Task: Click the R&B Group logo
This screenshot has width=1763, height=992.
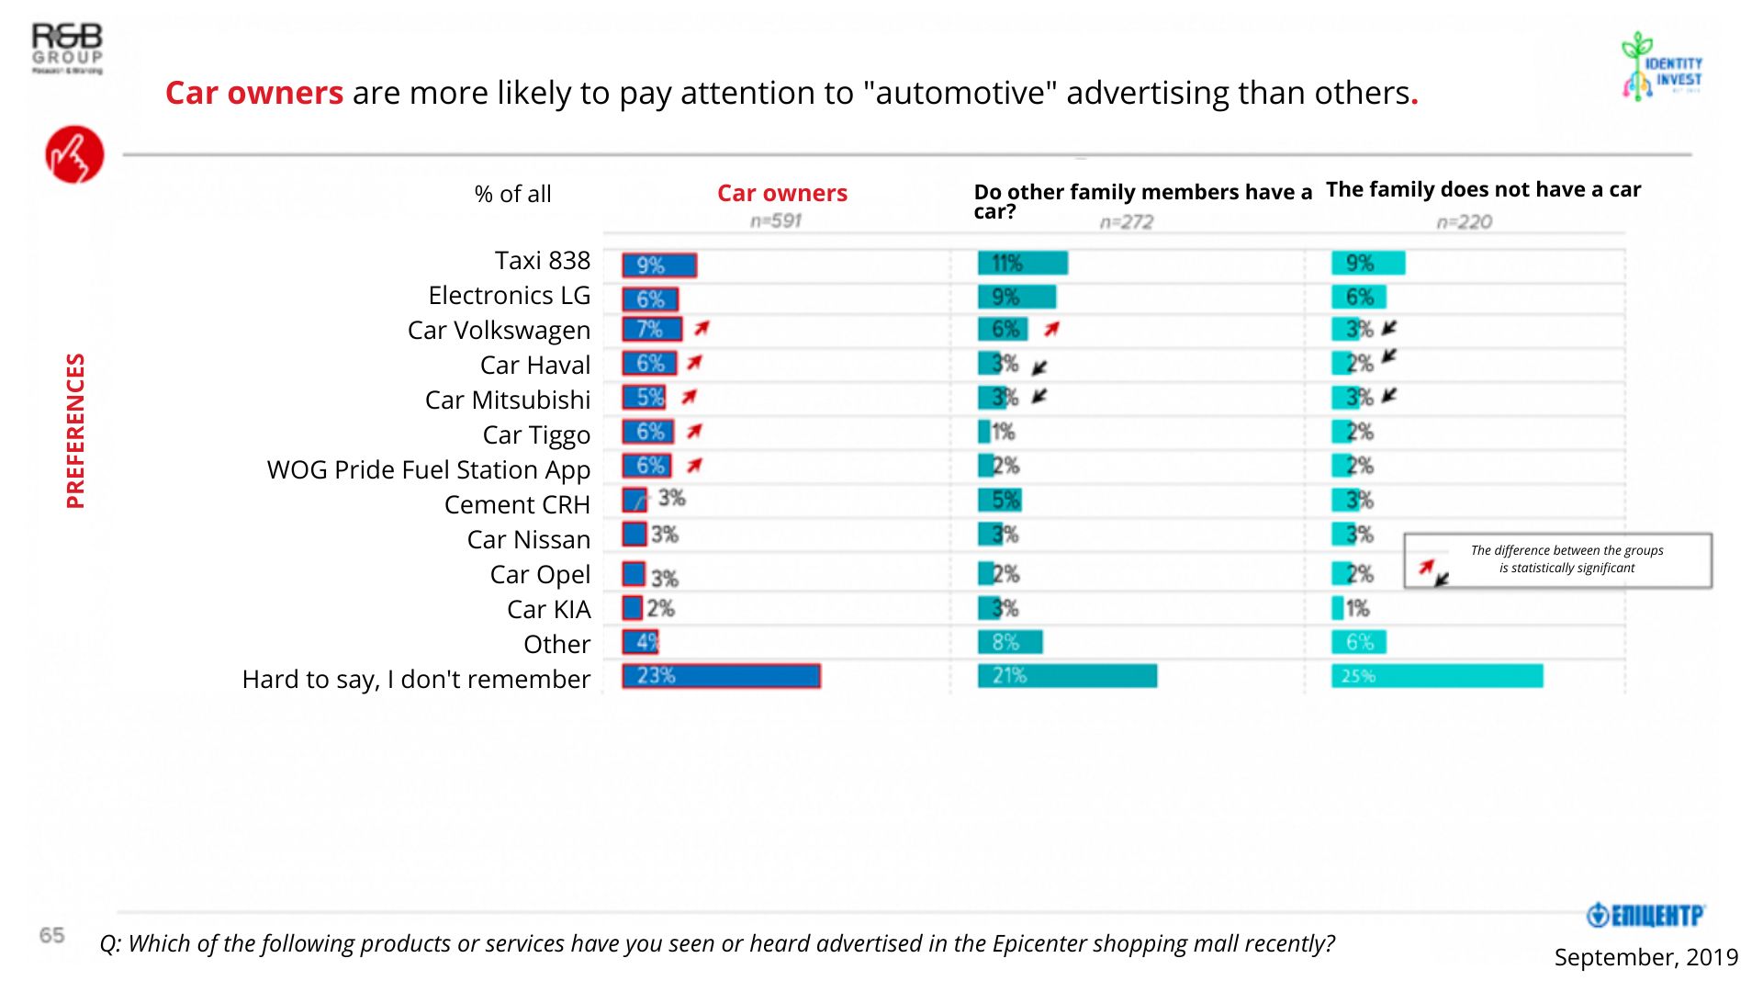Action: (67, 49)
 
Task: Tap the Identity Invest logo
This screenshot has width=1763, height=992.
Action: (1663, 66)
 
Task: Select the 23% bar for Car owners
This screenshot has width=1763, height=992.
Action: (721, 676)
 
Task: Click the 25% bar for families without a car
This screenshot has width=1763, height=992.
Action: (1437, 676)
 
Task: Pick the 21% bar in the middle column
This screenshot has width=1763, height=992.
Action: (1067, 676)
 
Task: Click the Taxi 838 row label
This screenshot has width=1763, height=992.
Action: (542, 261)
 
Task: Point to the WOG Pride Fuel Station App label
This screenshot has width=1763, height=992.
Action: (428, 470)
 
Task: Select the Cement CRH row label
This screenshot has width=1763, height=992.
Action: (516, 505)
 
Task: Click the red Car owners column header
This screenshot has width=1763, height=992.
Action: (781, 193)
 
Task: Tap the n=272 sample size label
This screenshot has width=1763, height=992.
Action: (1126, 221)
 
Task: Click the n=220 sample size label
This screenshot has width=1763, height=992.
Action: (1464, 221)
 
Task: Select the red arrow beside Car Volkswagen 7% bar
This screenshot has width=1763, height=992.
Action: (702, 328)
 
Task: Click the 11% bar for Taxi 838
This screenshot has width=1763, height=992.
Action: (1022, 264)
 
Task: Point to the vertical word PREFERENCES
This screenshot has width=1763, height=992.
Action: (75, 431)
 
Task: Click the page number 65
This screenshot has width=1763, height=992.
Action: (51, 935)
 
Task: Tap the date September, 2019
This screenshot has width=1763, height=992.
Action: (1645, 957)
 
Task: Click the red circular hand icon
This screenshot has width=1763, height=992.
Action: (74, 154)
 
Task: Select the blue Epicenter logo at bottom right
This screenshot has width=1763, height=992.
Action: (1645, 915)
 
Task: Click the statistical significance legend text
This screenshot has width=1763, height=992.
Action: (1566, 559)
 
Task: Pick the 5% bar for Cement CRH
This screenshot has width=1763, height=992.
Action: (1000, 501)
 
